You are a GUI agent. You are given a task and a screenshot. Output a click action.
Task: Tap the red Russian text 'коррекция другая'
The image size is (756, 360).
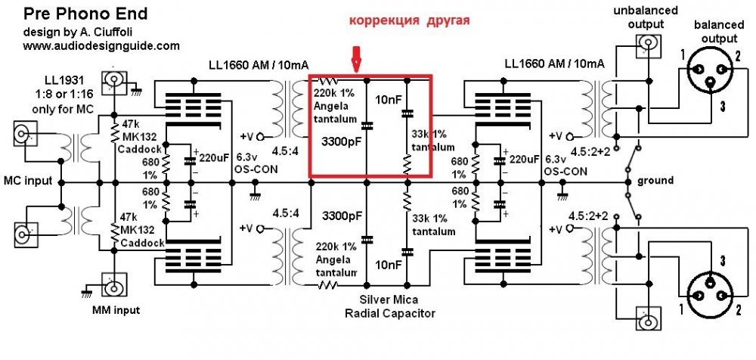pyautogui.click(x=410, y=21)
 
